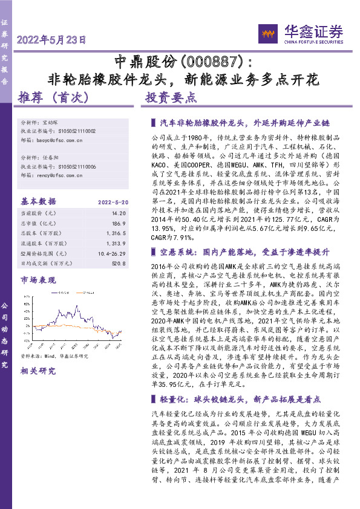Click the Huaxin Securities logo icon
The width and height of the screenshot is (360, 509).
tap(267, 32)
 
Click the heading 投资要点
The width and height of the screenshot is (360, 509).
tap(171, 97)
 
